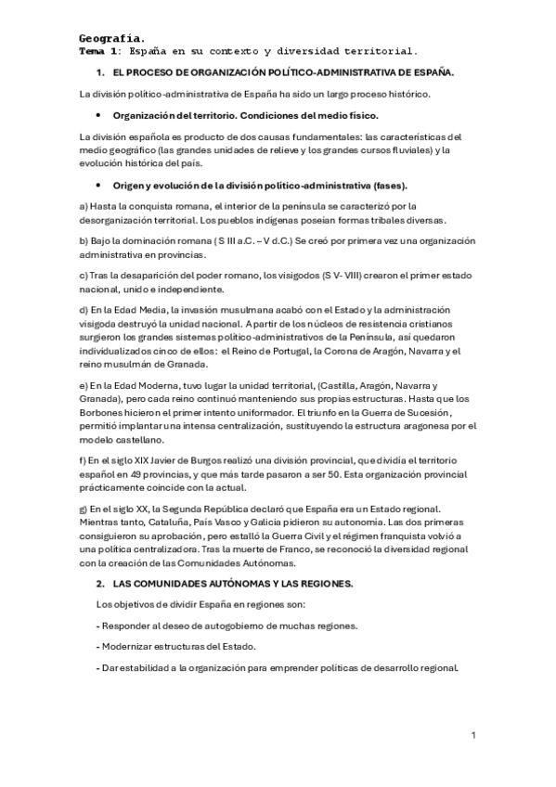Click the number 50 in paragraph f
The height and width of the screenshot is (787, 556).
click(x=352, y=473)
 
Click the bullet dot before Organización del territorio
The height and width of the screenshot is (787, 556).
click(x=98, y=115)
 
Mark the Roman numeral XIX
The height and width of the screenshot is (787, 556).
click(x=139, y=460)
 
